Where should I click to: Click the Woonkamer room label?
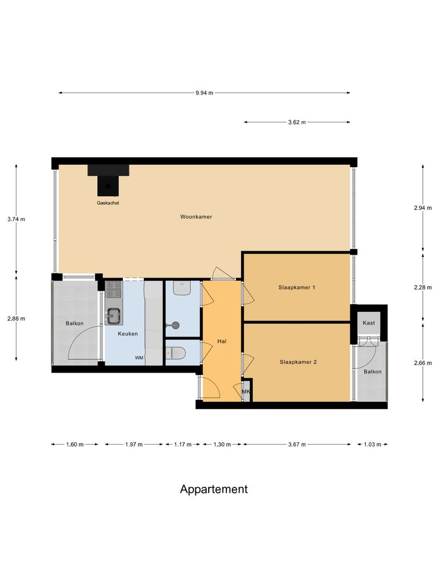196,217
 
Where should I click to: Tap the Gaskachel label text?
108,203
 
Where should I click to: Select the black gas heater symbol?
108,180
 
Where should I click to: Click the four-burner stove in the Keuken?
114,289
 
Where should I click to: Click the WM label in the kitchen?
139,358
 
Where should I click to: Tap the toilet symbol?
175,352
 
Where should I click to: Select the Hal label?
222,341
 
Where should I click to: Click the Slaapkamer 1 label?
297,287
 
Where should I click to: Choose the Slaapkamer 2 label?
298,362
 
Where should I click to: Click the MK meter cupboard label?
246,391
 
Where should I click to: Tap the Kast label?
369,323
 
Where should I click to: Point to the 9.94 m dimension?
204,93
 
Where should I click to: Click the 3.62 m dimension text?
297,122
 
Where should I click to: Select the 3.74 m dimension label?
16,219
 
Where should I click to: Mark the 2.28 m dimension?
422,287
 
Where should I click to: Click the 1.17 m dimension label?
182,444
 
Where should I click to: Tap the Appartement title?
214,489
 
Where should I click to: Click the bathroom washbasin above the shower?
182,288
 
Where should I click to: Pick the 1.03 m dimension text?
373,444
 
